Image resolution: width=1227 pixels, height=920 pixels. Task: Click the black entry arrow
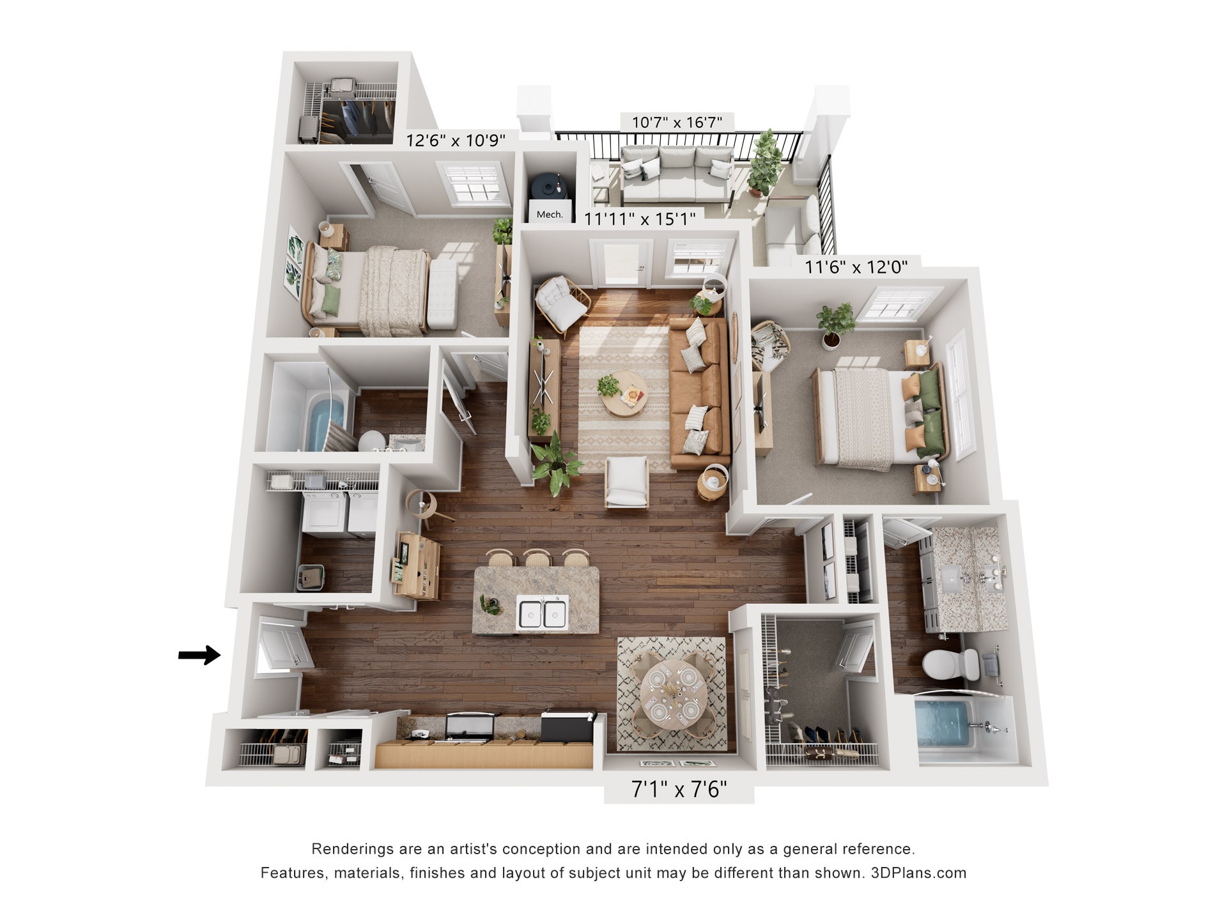[199, 655]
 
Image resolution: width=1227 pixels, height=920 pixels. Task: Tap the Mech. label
[550, 215]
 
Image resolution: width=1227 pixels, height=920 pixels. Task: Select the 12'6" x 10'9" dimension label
[456, 140]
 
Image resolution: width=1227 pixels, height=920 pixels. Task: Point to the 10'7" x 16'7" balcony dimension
[677, 122]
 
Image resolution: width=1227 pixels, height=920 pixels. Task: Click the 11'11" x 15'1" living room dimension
[640, 219]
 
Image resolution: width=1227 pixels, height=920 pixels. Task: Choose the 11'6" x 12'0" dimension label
[856, 266]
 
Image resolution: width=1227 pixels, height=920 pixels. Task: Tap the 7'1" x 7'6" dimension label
[679, 790]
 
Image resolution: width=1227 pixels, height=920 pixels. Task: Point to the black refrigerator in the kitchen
[568, 726]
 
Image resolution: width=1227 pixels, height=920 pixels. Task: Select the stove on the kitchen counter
[470, 726]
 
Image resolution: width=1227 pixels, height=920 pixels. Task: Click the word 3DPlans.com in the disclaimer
[918, 873]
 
